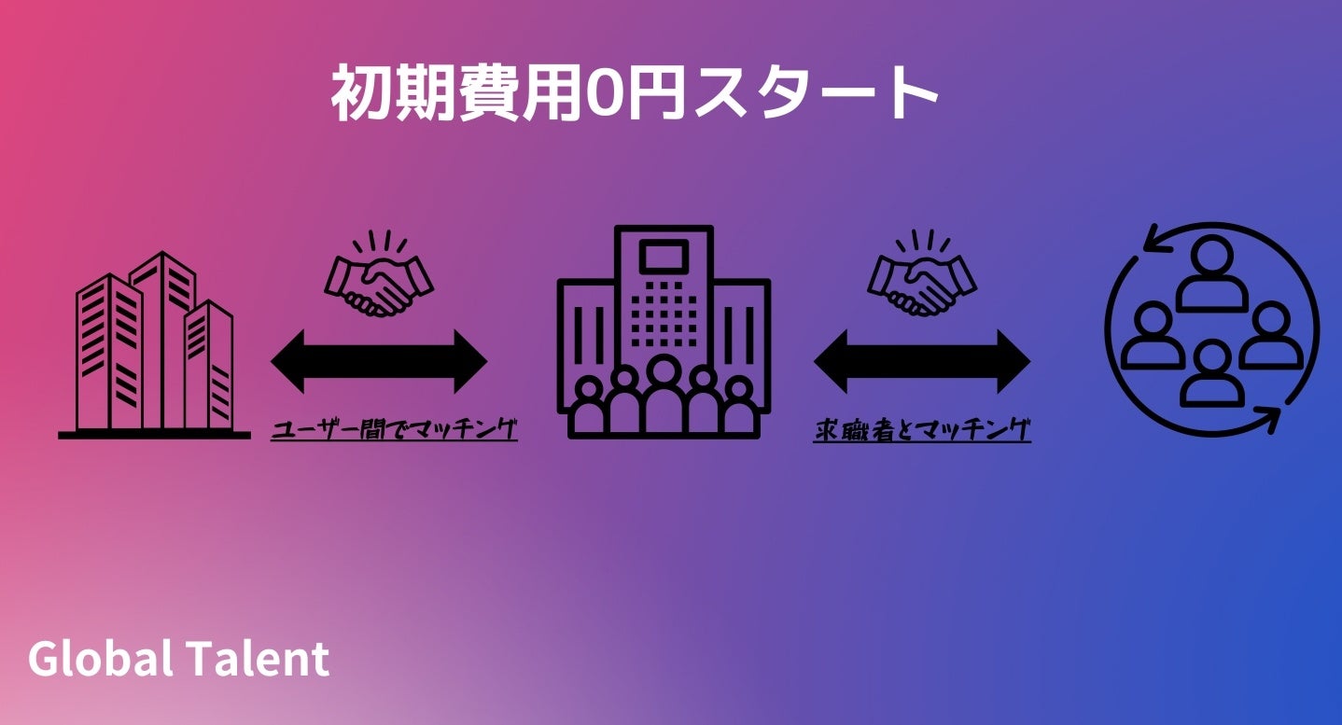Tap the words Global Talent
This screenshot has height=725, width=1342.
pyautogui.click(x=178, y=659)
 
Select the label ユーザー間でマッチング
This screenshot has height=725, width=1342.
pyautogui.click(x=394, y=429)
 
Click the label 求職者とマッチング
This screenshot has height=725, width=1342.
pyautogui.click(x=922, y=430)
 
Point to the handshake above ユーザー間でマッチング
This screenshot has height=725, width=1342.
pyautogui.click(x=379, y=278)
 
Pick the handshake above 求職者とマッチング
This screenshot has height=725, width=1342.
pyautogui.click(x=922, y=278)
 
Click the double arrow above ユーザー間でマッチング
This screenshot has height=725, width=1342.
pyautogui.click(x=379, y=361)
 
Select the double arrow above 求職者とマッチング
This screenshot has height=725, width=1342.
pyautogui.click(x=922, y=361)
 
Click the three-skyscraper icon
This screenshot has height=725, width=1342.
pyautogui.click(x=154, y=345)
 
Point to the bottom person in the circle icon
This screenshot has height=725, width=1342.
pyautogui.click(x=1212, y=373)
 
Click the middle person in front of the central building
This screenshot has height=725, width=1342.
pyautogui.click(x=664, y=392)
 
